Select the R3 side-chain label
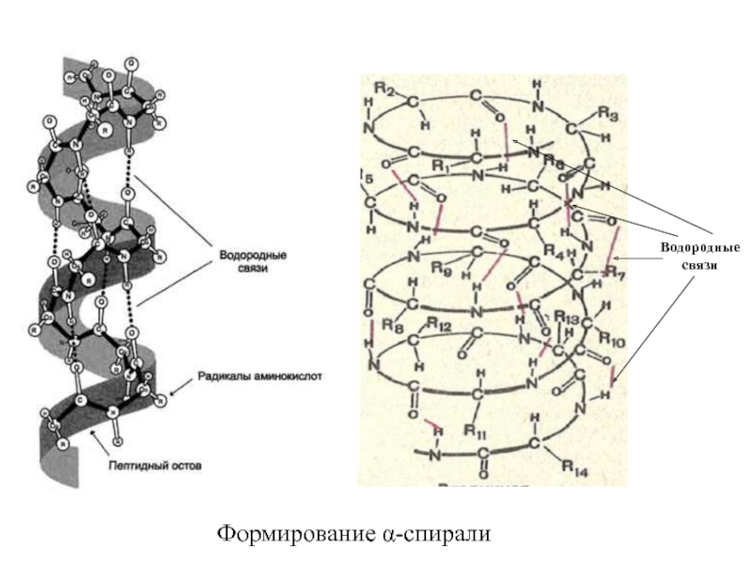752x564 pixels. coord(608,116)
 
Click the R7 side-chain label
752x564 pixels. coord(614,272)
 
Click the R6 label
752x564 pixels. coord(553,164)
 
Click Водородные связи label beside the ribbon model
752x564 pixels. coord(253,260)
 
